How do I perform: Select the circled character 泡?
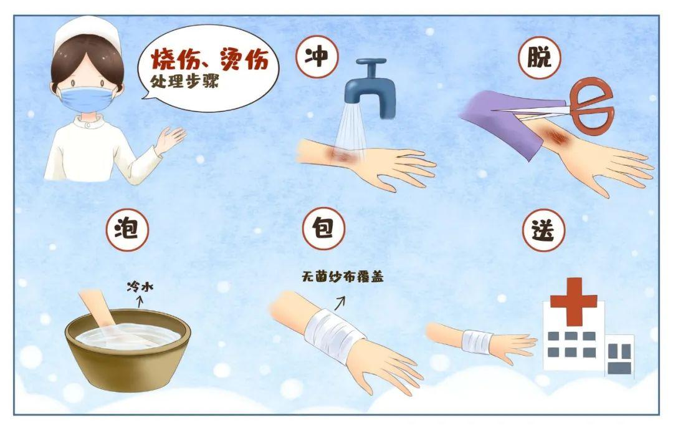128,228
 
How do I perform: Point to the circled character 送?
540,229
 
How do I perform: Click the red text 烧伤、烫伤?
209,61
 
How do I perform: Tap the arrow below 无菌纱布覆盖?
340,303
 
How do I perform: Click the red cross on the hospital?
573,299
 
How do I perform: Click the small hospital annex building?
619,356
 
